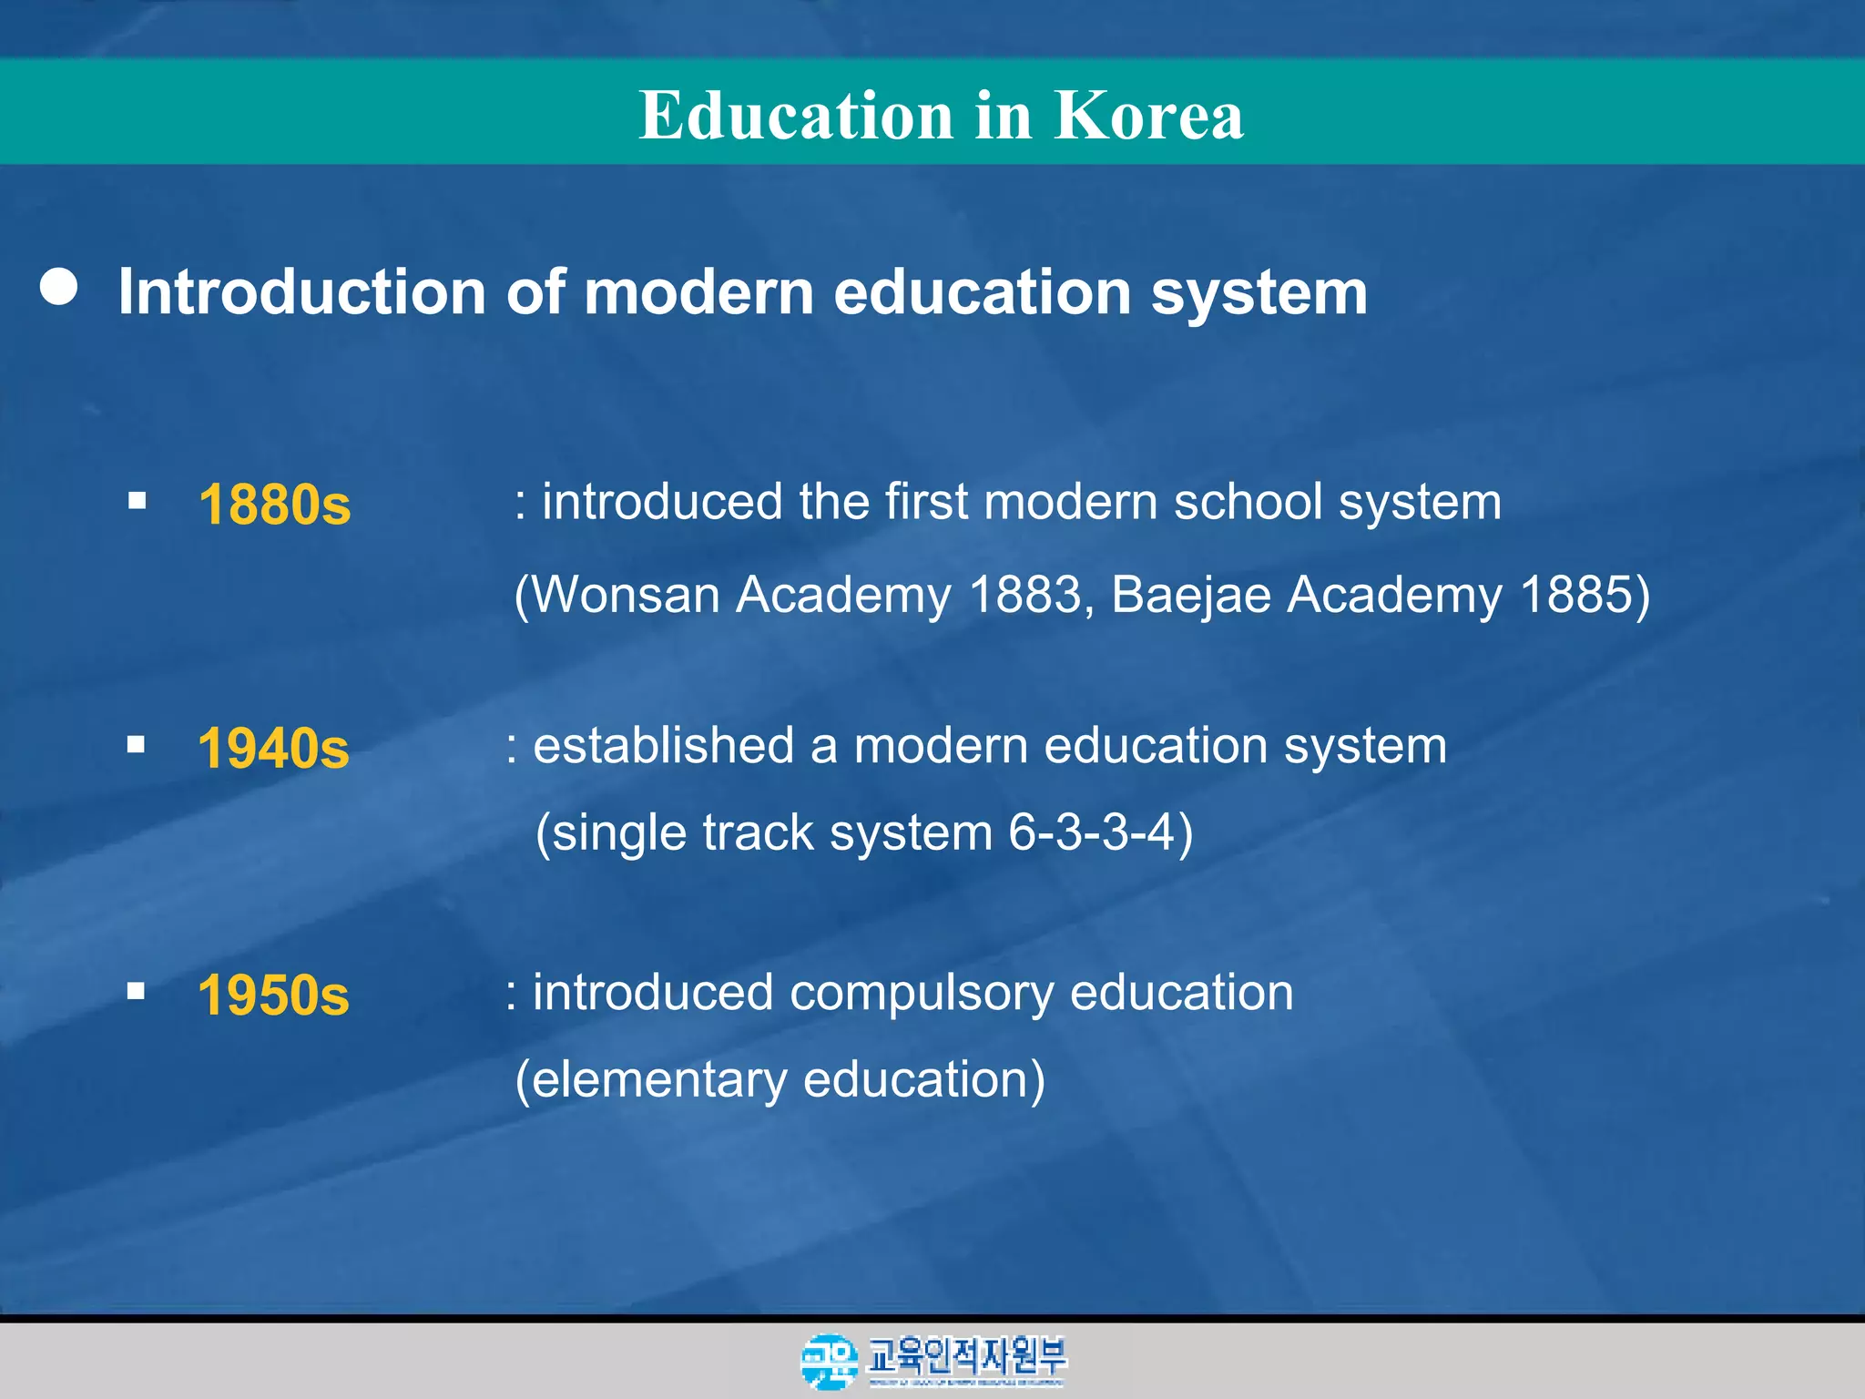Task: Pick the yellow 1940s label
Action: click(x=273, y=748)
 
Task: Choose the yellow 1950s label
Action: click(x=273, y=994)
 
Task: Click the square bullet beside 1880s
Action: click(x=138, y=500)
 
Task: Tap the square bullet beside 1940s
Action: click(x=137, y=745)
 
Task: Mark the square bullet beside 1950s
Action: click(x=137, y=991)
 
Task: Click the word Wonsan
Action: click(x=627, y=595)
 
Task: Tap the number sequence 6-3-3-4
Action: click(x=1091, y=832)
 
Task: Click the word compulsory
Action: click(x=921, y=993)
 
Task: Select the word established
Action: click(x=663, y=746)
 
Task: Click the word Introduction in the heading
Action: click(x=301, y=292)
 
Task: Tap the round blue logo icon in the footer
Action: click(x=829, y=1361)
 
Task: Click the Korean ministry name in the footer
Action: click(x=967, y=1356)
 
